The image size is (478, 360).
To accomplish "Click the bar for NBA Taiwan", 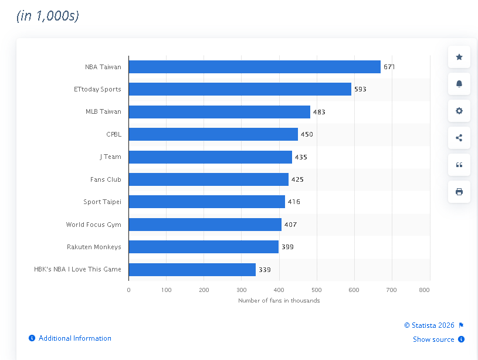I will (255, 67).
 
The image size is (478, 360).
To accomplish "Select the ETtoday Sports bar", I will (240, 89).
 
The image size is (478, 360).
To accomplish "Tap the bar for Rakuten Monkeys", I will (204, 247).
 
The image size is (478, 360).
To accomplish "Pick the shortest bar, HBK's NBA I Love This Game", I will (192, 270).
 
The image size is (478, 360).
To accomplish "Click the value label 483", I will (319, 112).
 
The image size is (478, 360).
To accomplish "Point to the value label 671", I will (389, 67).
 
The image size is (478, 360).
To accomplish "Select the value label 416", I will (294, 202).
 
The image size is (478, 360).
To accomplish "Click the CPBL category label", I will (114, 134).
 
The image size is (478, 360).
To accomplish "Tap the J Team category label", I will (110, 157).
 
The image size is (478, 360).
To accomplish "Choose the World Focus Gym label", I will (94, 225).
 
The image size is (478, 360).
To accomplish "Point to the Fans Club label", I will (106, 179).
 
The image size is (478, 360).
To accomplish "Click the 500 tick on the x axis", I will (316, 290).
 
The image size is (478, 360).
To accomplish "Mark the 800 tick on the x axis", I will (425, 290).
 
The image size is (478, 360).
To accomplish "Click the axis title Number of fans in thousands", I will (279, 301).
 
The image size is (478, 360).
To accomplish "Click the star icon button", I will (459, 57).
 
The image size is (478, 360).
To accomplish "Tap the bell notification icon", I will (459, 84).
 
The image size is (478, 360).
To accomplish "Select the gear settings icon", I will (459, 111).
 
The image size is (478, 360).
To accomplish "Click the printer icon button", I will (459, 192).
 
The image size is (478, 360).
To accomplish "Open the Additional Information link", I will (74, 338).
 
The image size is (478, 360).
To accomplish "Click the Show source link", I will (433, 339).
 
